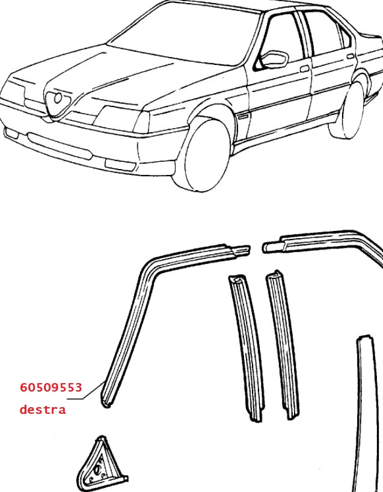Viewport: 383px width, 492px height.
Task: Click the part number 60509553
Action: coord(51,388)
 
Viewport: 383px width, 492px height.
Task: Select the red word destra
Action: coord(42,410)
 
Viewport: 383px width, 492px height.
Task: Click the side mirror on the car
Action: coord(274,60)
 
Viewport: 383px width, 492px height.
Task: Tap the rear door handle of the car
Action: coord(350,57)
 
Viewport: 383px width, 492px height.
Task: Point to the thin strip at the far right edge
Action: coord(364,415)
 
